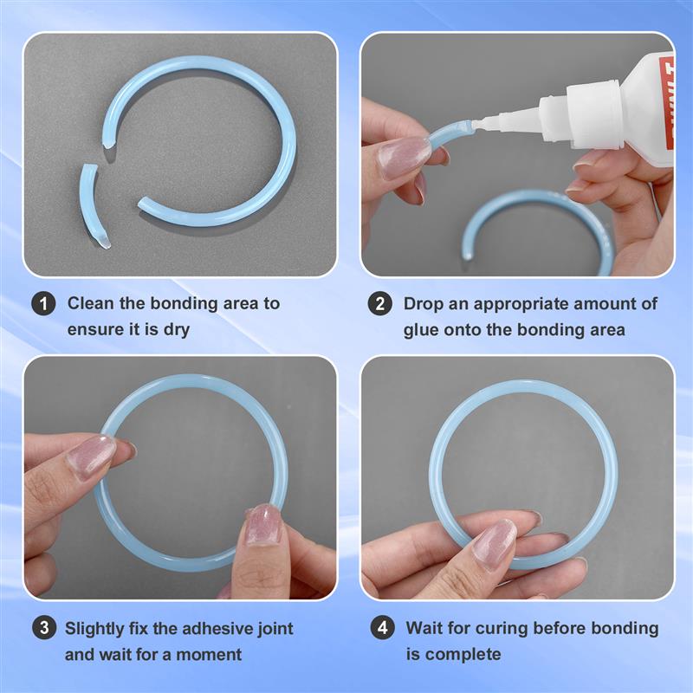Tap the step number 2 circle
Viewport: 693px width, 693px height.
[379, 304]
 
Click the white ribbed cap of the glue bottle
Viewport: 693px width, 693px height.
[581, 112]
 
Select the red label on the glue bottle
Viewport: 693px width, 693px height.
[665, 108]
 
